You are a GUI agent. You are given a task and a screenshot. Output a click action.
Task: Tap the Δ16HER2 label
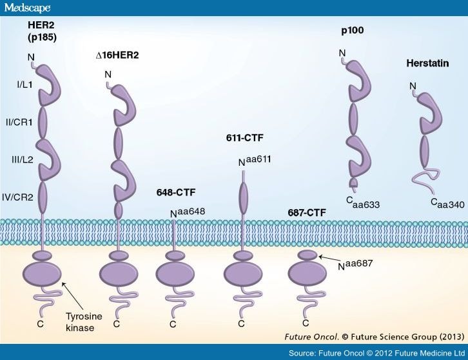tap(117, 55)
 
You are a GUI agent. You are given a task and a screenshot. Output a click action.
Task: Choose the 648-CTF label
tap(176, 192)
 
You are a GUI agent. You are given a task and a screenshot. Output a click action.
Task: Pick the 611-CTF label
tap(244, 137)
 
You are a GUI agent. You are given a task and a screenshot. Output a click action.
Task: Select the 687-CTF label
tap(307, 212)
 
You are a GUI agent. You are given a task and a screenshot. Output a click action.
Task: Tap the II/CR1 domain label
tap(19, 122)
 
